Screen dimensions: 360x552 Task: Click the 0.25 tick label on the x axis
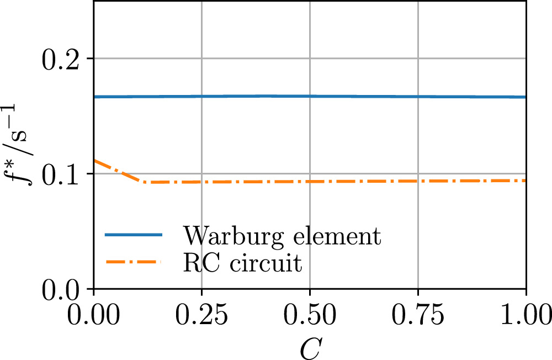(202, 316)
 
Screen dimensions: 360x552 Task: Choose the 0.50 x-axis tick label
(310, 316)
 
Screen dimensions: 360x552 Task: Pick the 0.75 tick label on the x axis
(418, 316)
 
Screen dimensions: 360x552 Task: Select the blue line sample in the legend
(134, 236)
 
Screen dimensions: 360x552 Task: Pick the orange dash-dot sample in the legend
(134, 262)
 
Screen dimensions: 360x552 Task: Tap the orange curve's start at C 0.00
(95, 160)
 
